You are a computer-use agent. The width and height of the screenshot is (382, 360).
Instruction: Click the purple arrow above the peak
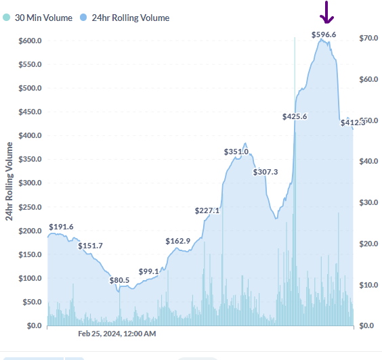(326, 12)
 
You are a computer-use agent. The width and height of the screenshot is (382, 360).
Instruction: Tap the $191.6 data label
(61, 227)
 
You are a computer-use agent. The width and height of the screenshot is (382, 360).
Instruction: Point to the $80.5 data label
(119, 280)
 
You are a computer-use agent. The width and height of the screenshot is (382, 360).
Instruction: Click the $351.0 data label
(236, 152)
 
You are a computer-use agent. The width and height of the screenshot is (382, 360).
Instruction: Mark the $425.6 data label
(295, 116)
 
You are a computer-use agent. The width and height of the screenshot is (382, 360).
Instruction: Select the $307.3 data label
(266, 172)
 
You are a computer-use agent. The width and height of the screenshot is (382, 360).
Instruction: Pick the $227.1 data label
(207, 210)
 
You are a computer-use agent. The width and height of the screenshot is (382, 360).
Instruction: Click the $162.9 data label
(177, 241)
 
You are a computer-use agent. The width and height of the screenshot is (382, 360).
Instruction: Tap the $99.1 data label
(148, 271)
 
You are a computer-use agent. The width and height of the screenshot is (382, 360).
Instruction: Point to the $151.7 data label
(90, 246)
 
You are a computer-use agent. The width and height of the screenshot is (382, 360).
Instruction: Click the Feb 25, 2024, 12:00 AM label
(116, 334)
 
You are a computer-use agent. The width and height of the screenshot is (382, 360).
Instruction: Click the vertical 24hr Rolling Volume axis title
(9, 181)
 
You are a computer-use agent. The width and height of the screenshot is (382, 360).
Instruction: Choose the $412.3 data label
(352, 122)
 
